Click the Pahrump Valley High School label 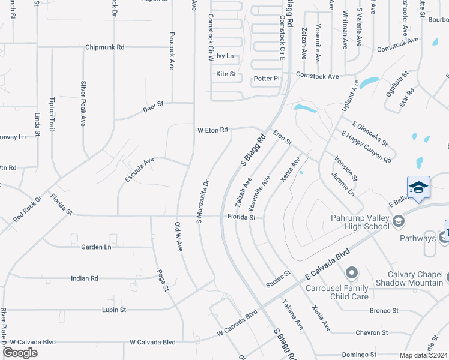(360, 222)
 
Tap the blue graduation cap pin (418, 187)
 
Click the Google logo (20, 353)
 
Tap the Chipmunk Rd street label (104, 47)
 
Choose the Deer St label (153, 107)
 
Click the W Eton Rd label (212, 130)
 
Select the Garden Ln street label (96, 247)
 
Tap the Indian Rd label (84, 278)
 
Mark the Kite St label (226, 74)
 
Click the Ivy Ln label (224, 56)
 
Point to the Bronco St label (384, 311)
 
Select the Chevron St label (372, 332)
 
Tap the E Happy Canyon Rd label (366, 147)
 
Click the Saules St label (278, 274)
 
